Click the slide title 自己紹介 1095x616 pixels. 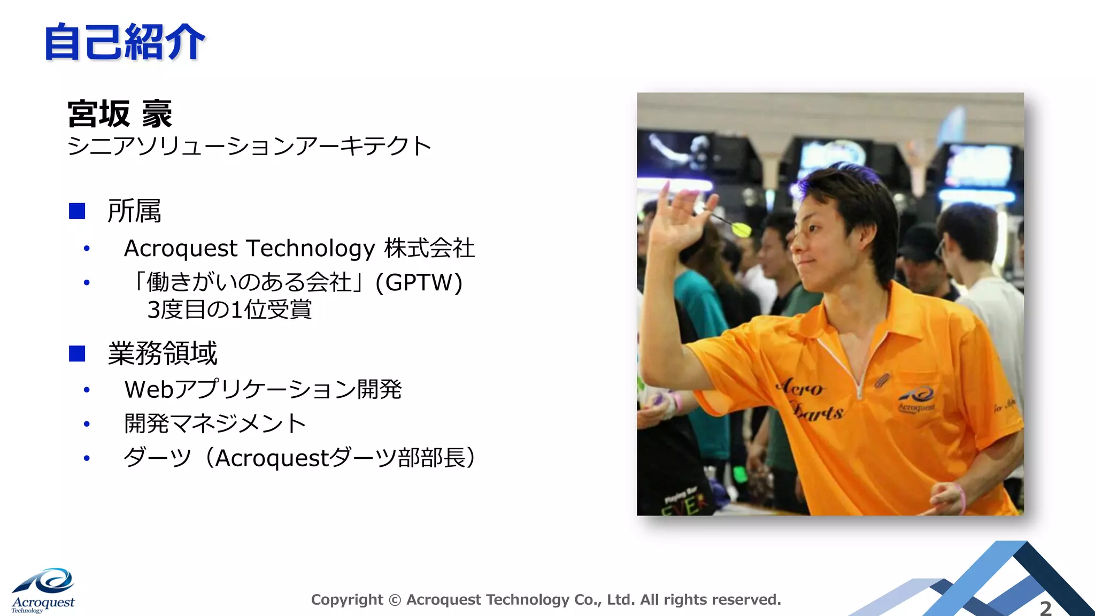[124, 42]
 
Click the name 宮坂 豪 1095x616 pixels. [120, 114]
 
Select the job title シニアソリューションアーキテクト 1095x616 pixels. [249, 146]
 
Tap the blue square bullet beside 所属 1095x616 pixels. [77, 211]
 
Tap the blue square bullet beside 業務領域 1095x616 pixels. [77, 353]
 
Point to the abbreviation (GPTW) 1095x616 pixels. [419, 282]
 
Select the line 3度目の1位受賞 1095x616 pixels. [229, 310]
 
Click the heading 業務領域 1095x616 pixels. [163, 353]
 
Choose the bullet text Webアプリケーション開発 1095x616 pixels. [263, 389]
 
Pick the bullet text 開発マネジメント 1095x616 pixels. [215, 423]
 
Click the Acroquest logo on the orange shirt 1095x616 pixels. [916, 399]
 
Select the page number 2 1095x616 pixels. [1045, 608]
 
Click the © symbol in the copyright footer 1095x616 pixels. [395, 600]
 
